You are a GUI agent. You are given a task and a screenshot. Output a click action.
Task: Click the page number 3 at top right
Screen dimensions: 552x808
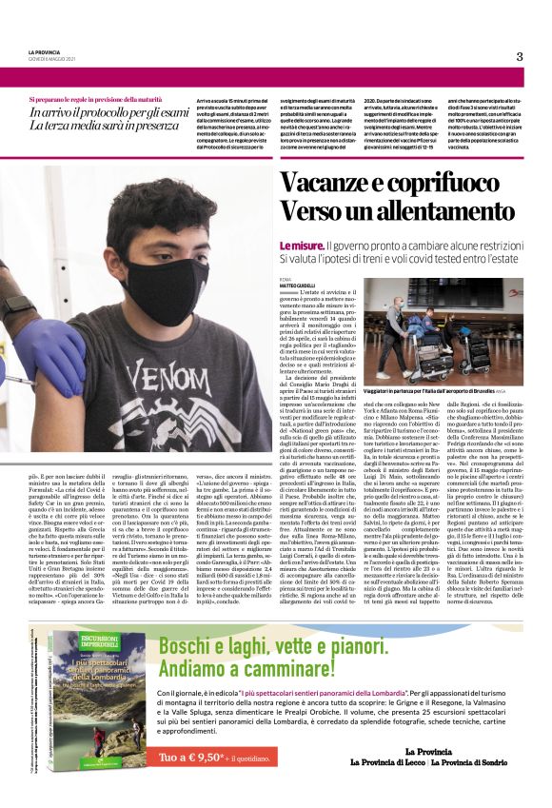click(x=520, y=56)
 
